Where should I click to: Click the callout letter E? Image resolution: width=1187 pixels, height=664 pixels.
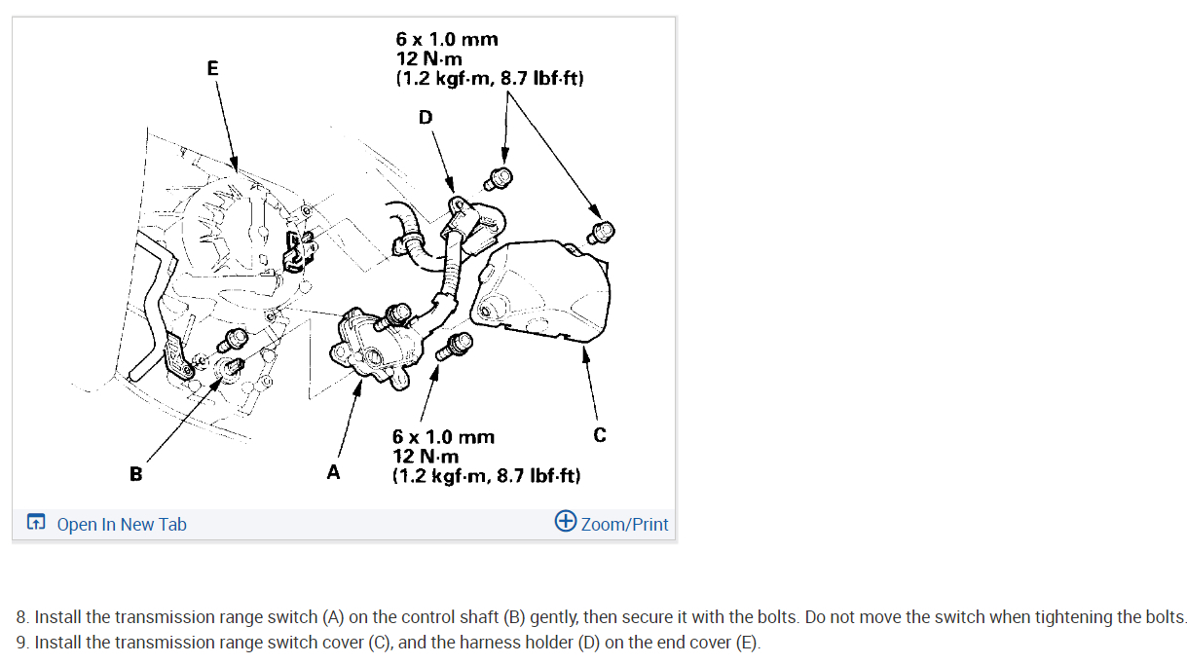(x=212, y=68)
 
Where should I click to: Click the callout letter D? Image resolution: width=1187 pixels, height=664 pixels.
(x=425, y=118)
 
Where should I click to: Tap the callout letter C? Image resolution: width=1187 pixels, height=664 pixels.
(x=599, y=434)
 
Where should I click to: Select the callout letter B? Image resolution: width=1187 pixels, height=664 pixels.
(x=135, y=474)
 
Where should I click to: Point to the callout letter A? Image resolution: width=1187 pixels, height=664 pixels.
(x=334, y=473)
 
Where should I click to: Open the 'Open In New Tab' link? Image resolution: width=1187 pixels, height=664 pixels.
(x=122, y=524)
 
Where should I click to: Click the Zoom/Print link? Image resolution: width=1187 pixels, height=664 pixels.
(x=624, y=524)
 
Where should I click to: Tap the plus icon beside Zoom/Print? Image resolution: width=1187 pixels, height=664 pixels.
(x=565, y=521)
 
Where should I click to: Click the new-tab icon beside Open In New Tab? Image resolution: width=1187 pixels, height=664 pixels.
(x=36, y=524)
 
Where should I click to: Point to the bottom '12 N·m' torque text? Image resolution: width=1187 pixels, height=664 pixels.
(x=425, y=457)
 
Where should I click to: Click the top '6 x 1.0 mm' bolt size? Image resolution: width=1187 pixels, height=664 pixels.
(x=446, y=40)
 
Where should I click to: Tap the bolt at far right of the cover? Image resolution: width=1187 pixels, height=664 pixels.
(x=602, y=232)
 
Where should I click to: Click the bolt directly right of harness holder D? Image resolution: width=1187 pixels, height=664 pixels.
(x=500, y=178)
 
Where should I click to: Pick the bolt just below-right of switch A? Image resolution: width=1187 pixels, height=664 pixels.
(x=455, y=345)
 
